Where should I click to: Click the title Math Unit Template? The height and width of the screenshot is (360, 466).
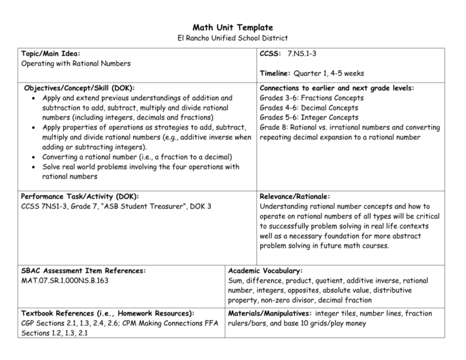coord(233,27)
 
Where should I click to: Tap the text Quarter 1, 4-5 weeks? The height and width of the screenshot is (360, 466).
coord(329,73)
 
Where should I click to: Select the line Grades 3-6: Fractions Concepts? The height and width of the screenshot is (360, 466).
coord(311,98)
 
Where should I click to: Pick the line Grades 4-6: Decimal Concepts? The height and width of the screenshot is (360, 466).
coord(309,107)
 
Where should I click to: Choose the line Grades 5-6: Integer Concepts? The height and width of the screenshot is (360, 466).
coord(308,117)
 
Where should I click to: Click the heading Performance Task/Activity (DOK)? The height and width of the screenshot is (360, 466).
coord(80,197)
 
